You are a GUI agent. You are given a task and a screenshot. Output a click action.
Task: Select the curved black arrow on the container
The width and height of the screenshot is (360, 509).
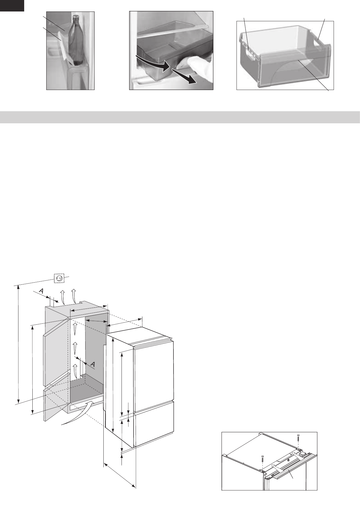coord(151,63)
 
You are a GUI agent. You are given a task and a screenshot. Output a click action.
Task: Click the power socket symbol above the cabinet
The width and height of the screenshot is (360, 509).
coord(59,278)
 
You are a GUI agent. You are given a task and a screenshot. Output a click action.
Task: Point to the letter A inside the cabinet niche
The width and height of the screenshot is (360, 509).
coord(93,365)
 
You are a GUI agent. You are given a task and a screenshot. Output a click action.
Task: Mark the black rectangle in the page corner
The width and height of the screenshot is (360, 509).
coord(12,5)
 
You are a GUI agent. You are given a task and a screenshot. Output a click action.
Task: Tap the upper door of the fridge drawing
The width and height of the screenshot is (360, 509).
coord(154,375)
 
